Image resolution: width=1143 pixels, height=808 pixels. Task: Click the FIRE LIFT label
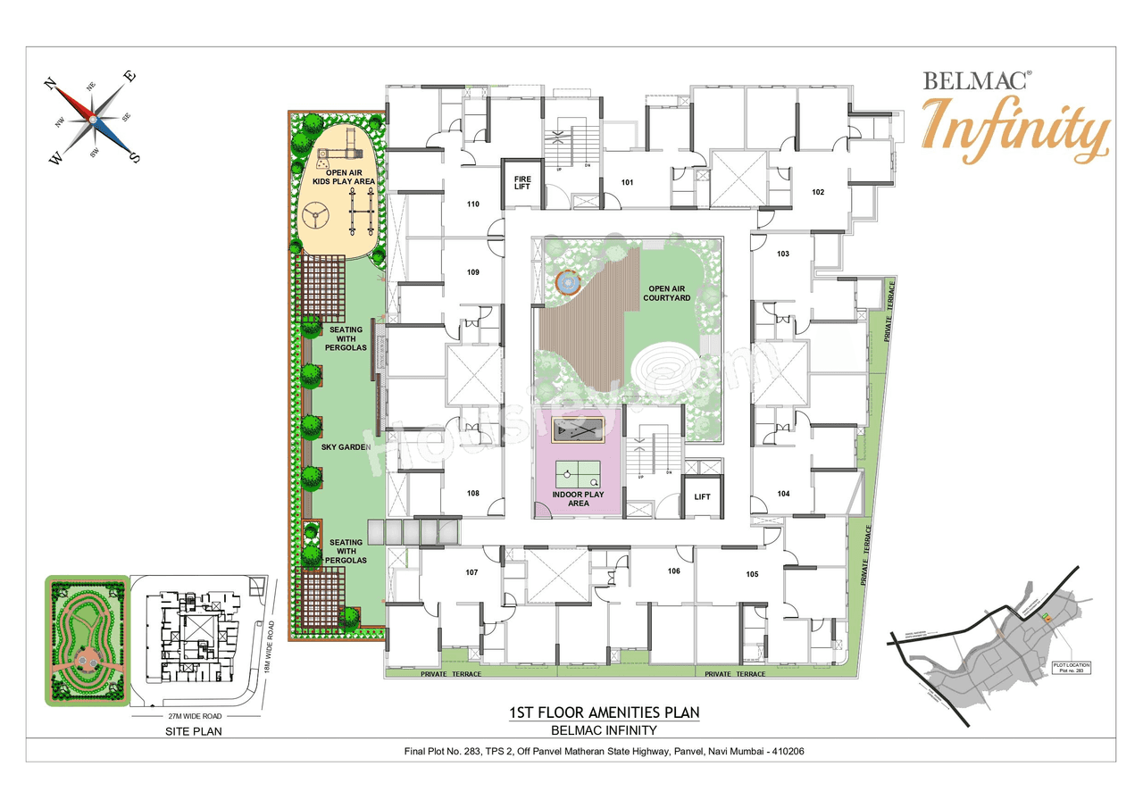522,181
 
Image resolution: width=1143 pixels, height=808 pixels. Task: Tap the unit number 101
628,183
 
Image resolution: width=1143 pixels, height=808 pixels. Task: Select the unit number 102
817,192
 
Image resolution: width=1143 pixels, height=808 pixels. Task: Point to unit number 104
783,493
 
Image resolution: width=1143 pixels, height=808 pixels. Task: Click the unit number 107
472,572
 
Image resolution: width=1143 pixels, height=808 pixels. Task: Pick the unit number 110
473,204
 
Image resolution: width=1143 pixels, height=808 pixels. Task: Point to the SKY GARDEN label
346,446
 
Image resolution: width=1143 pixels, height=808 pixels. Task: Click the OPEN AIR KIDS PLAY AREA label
344,177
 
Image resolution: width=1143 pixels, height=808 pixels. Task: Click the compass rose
93,119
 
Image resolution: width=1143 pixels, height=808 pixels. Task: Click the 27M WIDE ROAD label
189,716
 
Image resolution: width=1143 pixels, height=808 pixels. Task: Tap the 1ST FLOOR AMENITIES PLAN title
604,712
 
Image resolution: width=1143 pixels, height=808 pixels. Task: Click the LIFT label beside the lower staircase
702,496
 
